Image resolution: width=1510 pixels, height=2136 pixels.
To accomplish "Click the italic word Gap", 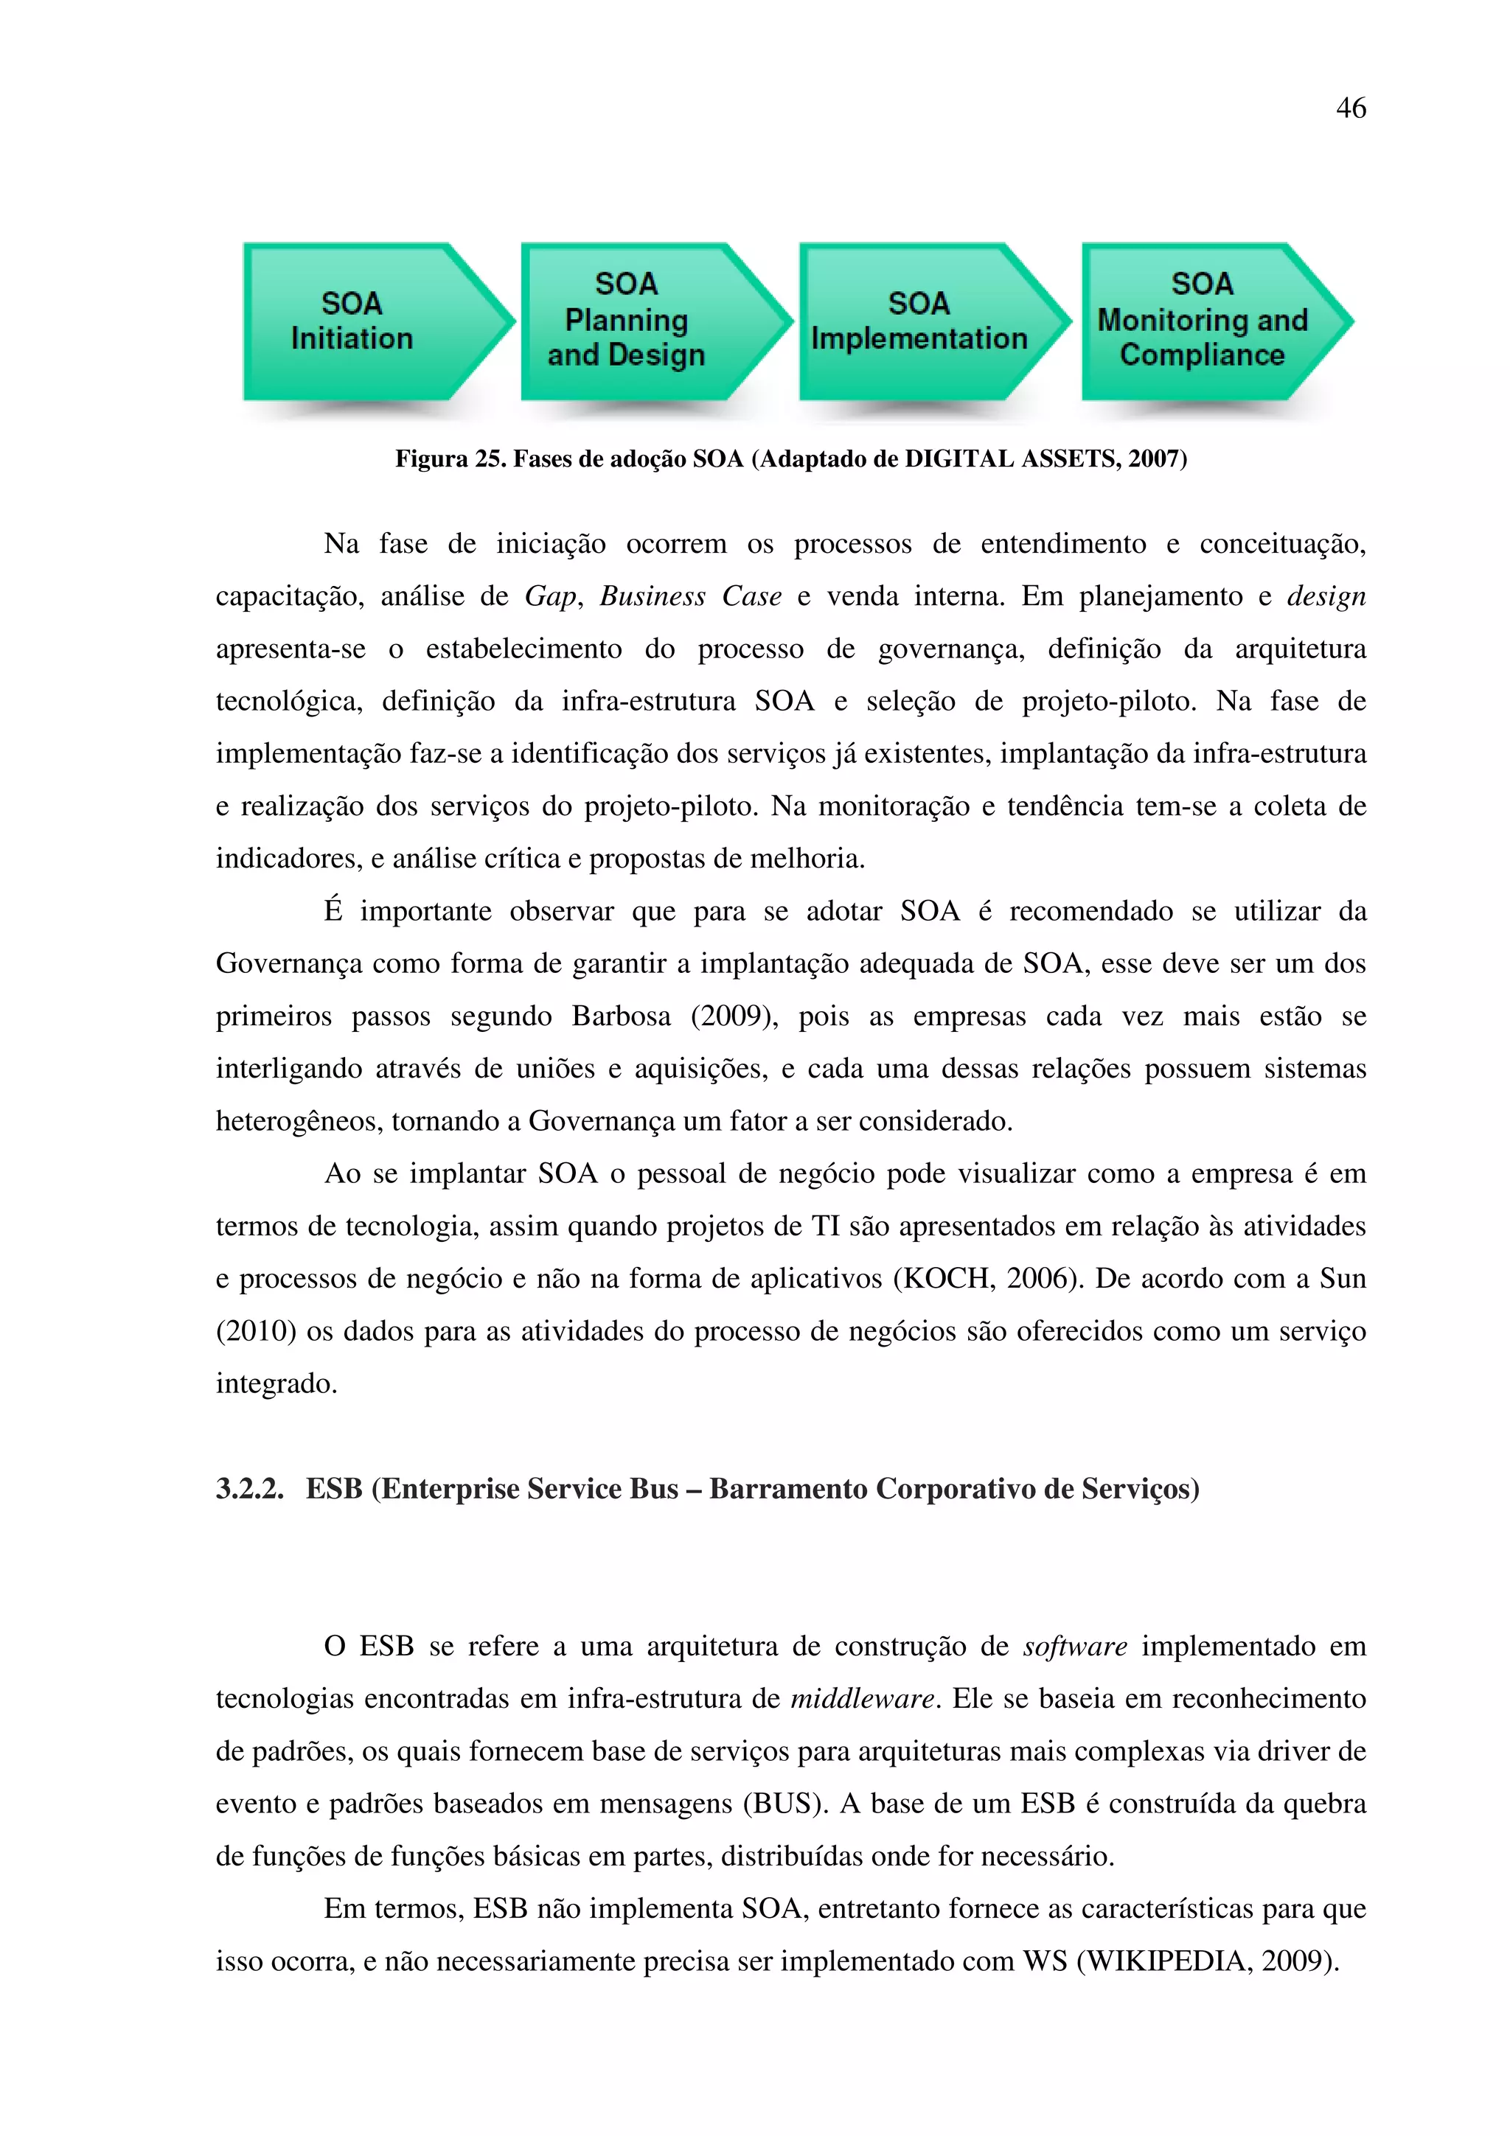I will click(551, 596).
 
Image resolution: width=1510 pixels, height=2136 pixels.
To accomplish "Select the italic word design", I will click(1326, 596).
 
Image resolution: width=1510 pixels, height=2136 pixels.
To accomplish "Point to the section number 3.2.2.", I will click(249, 1489).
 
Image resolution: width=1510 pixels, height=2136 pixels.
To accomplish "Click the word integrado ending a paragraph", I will click(276, 1383).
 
